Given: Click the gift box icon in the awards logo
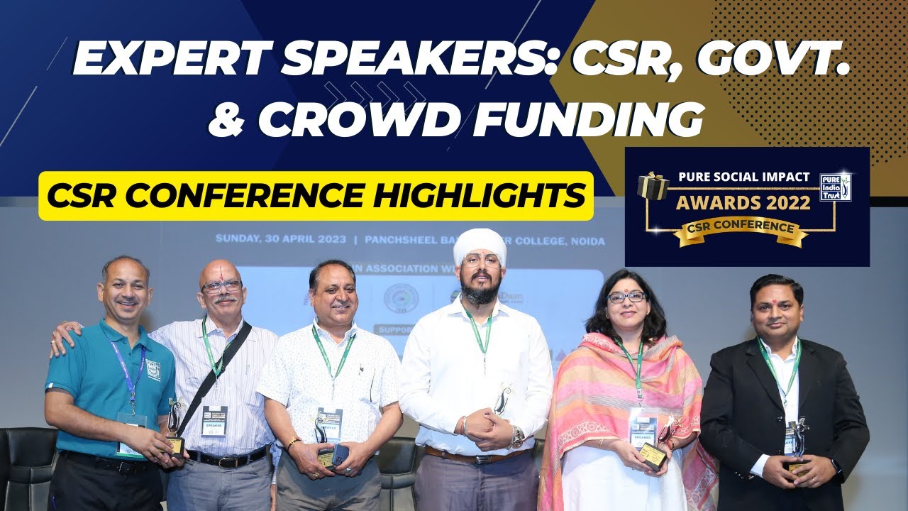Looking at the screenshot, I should (x=653, y=186).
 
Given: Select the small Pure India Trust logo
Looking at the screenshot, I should (x=835, y=185).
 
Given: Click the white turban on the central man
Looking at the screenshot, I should (x=480, y=245).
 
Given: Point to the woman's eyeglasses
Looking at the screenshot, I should (x=626, y=297).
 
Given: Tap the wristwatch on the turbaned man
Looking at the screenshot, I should (x=517, y=434).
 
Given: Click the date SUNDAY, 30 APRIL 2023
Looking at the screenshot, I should (x=281, y=239).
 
